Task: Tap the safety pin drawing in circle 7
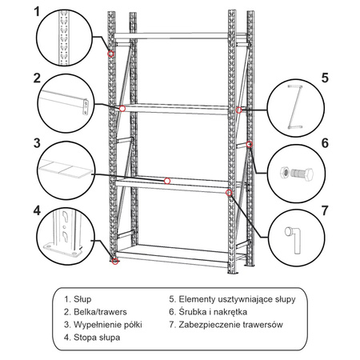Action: [x=292, y=238]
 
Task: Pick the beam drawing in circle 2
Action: [x=64, y=102]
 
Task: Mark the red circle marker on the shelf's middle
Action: [x=167, y=181]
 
